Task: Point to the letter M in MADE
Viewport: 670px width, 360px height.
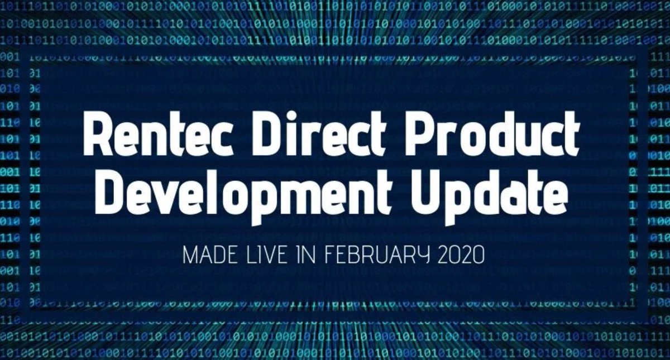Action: tap(190, 258)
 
